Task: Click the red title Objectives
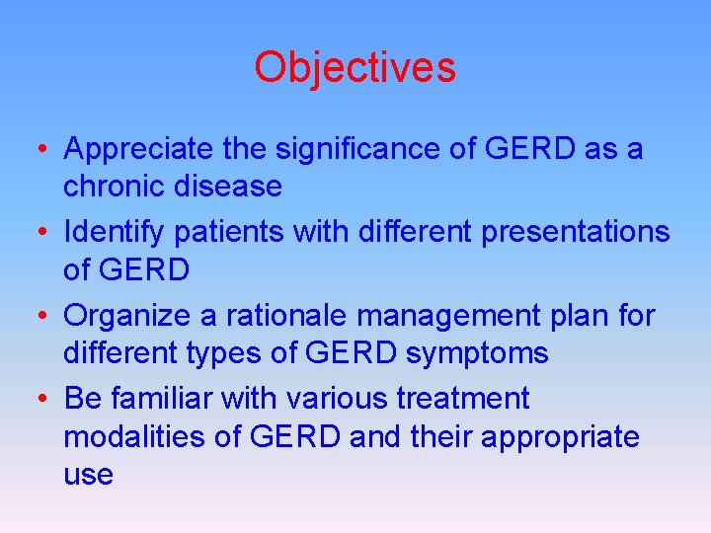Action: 355,67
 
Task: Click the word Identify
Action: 107,233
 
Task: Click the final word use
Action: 88,474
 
